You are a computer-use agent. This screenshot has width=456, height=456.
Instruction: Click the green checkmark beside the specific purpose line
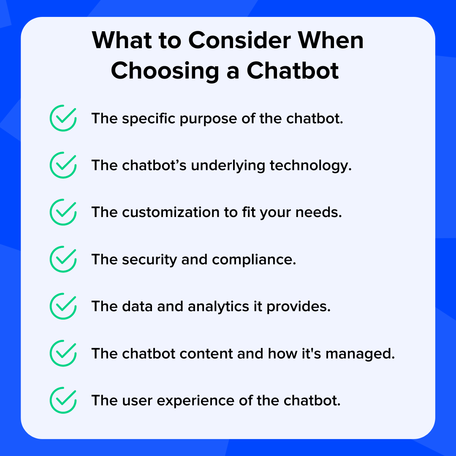(x=63, y=118)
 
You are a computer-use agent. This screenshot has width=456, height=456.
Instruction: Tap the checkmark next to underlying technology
(x=63, y=165)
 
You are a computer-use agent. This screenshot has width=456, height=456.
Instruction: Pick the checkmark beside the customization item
(x=63, y=212)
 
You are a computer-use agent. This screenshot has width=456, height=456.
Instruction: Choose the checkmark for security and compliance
(x=63, y=259)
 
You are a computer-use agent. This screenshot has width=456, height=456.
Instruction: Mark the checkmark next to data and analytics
(x=63, y=306)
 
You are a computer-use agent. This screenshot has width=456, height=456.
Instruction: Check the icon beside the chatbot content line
(x=63, y=353)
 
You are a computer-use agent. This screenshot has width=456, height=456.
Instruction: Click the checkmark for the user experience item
(x=63, y=400)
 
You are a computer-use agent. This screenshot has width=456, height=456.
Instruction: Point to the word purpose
(x=204, y=119)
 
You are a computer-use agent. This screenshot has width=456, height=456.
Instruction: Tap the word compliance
(x=254, y=260)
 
